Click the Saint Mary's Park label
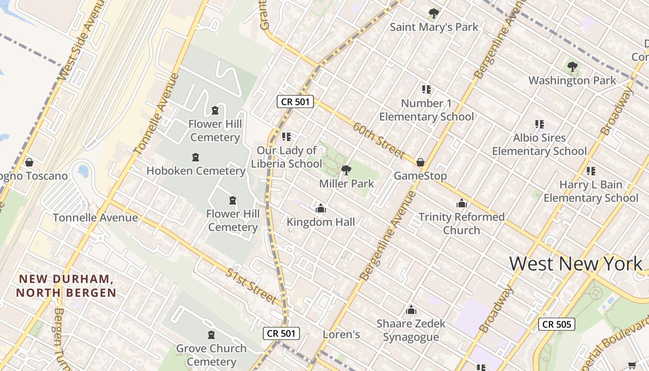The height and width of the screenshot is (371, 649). [434, 27]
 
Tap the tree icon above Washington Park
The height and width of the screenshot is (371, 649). [573, 67]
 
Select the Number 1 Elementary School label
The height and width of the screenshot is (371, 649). [426, 110]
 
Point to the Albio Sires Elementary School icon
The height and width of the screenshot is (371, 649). [539, 124]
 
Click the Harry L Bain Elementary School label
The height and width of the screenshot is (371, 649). [591, 191]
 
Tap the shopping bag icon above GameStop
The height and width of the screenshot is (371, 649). [420, 162]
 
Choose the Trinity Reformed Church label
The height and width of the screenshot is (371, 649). [462, 224]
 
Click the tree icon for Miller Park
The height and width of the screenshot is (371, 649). [346, 170]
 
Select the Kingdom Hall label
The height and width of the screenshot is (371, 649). [321, 222]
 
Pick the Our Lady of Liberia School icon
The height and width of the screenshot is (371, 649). [286, 137]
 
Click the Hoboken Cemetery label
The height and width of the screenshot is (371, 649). [196, 171]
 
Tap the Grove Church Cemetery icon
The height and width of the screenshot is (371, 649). [211, 335]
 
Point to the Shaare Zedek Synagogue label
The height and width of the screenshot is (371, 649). [411, 330]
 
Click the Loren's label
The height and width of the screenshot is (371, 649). [341, 334]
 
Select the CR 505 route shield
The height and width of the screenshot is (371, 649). [556, 324]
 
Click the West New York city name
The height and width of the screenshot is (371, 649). [576, 263]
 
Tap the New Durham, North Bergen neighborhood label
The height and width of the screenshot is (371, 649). [66, 286]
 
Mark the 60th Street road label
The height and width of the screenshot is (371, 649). [379, 140]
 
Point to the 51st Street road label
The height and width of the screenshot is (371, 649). [251, 286]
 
